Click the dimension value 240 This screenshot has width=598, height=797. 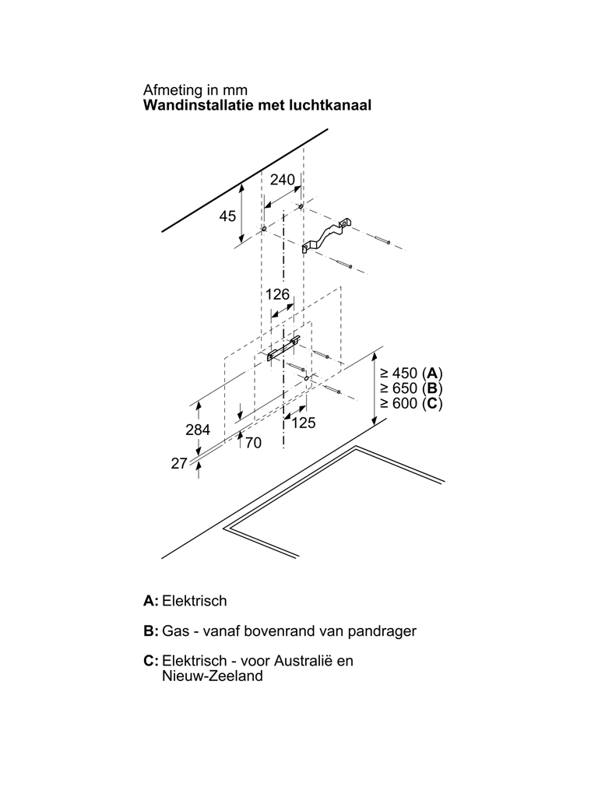282,180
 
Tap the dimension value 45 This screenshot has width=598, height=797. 227,216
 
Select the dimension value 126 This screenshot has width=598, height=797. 277,294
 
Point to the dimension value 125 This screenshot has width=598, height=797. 303,423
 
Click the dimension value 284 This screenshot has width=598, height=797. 199,430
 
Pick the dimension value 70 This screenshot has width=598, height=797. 253,443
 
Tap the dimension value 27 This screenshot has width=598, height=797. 179,463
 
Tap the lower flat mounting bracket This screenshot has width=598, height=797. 283,349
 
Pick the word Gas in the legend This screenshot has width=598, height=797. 174,630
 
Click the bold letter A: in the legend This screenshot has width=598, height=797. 151,601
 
